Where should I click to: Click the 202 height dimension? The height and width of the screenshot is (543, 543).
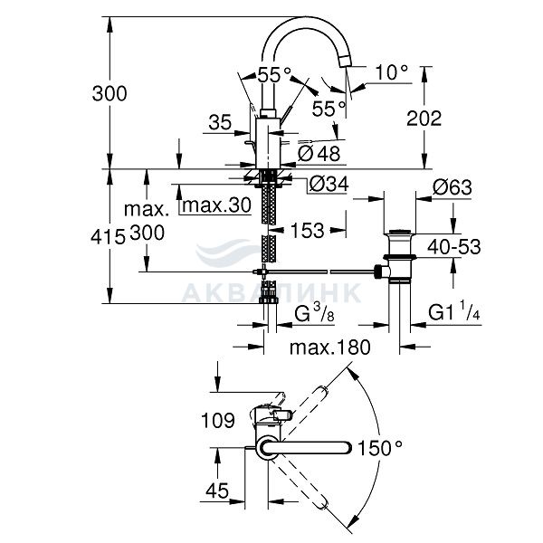424,119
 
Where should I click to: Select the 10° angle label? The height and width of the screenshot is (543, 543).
392,72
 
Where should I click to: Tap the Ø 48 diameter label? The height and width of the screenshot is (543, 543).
319,153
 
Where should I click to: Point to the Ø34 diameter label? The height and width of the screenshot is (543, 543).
329,184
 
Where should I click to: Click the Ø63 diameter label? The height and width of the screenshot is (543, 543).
452,187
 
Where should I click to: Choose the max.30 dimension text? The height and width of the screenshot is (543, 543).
216,205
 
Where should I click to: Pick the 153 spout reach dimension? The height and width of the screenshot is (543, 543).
307,230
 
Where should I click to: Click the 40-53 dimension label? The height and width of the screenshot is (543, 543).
454,247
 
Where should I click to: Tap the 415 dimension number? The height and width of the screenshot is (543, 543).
108,237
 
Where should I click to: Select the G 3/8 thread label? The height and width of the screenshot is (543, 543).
314,313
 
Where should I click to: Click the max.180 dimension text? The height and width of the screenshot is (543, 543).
330,348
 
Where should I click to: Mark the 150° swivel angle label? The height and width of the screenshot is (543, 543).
380,448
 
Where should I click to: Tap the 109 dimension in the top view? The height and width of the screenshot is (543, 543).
218,421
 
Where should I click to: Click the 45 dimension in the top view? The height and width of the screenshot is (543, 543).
217,491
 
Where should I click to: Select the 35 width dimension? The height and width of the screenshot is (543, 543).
220,122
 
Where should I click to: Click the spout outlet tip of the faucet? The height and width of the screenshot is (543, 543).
347,62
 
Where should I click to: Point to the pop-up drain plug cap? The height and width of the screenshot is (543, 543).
400,232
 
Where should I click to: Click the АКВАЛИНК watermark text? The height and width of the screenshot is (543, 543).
271,293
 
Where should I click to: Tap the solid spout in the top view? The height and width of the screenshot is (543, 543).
306,447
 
